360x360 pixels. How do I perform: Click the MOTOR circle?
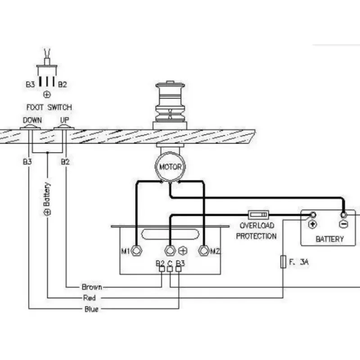tap(170, 166)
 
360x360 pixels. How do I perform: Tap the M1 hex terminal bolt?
tap(136, 251)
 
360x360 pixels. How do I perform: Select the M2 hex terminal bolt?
tap(204, 251)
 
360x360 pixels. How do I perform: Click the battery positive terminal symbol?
tap(312, 224)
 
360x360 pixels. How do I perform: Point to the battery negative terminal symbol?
tap(343, 224)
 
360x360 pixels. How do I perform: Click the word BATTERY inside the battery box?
tap(330, 239)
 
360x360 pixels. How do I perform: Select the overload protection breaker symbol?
tap(258, 215)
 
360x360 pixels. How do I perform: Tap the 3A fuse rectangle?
tap(283, 261)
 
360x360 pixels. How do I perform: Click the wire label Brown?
tap(92, 287)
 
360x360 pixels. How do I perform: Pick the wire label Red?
tap(89, 298)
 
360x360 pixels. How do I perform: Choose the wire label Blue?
tap(91, 309)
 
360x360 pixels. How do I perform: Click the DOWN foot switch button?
tap(30, 127)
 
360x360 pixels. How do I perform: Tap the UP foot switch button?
tap(64, 127)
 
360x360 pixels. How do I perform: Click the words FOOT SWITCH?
tap(49, 107)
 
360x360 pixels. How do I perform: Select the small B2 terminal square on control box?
tap(162, 269)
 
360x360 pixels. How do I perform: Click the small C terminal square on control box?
tap(170, 269)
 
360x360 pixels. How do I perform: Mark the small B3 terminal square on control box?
tap(178, 269)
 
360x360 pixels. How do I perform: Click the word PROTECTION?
tap(256, 236)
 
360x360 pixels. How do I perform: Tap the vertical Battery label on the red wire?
tap(47, 199)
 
